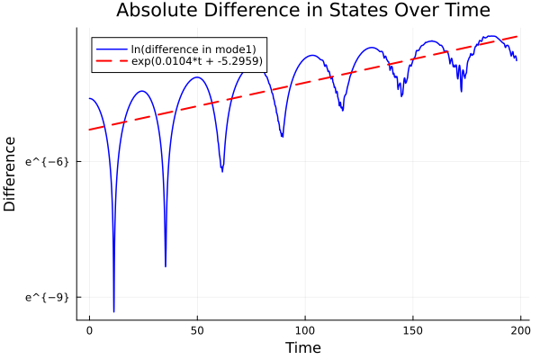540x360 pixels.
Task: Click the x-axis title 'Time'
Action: pos(302,347)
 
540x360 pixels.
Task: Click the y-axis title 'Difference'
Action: pos(11,174)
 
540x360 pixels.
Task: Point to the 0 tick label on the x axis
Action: pos(89,331)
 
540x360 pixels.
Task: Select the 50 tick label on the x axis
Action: pos(197,331)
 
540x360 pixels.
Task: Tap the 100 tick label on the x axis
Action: pos(305,331)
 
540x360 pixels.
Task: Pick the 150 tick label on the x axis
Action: pos(413,331)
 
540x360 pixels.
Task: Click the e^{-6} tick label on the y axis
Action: pos(47,161)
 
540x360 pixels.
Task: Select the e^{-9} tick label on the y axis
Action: pos(47,296)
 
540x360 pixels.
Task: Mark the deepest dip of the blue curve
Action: pos(113,311)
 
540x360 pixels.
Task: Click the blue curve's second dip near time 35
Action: pos(166,266)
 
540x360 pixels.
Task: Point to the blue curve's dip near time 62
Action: pos(222,170)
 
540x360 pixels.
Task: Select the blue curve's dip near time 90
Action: pos(283,137)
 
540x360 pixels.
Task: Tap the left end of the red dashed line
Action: pos(89,130)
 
